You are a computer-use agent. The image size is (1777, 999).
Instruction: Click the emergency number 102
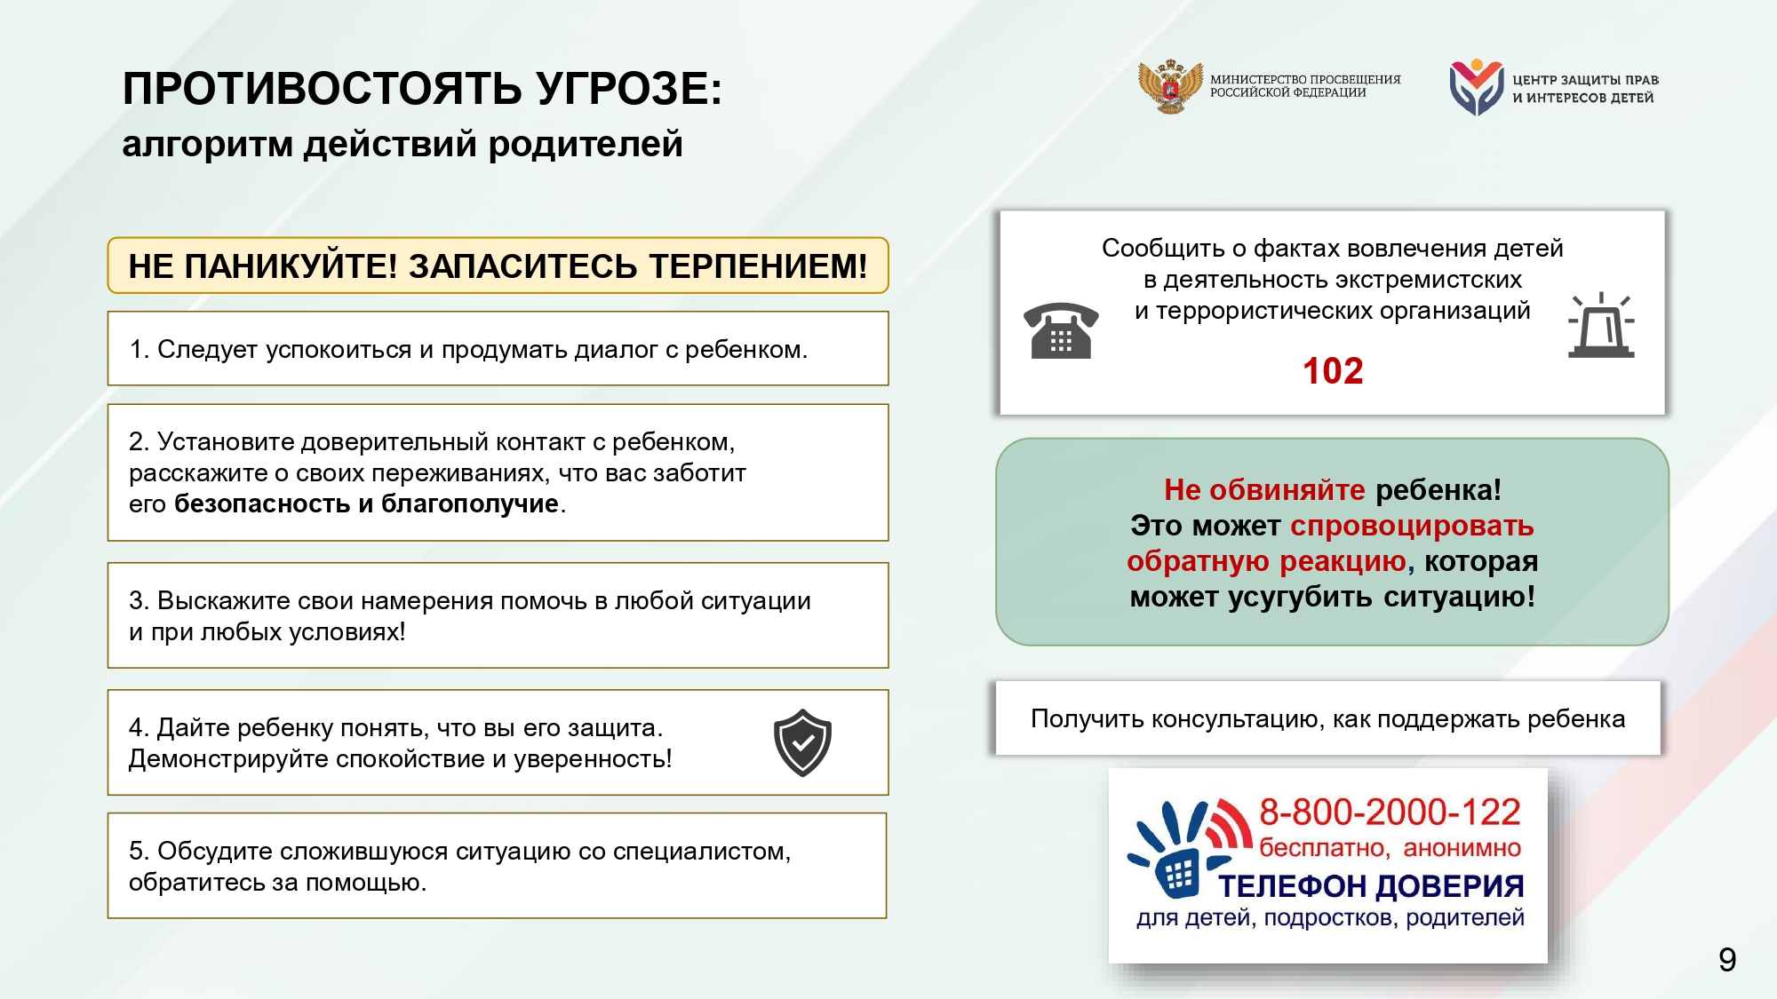pyautogui.click(x=1332, y=371)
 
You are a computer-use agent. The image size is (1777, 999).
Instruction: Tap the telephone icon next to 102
pyautogui.click(x=1061, y=330)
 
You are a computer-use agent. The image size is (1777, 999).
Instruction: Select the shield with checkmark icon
pyautogui.click(x=802, y=742)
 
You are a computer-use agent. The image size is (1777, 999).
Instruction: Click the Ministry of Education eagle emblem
pyautogui.click(x=1170, y=86)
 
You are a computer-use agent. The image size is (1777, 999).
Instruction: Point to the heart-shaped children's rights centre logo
pyautogui.click(x=1476, y=87)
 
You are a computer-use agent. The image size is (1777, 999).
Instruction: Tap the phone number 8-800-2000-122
pyautogui.click(x=1390, y=812)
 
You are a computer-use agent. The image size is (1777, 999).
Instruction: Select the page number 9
pyautogui.click(x=1726, y=960)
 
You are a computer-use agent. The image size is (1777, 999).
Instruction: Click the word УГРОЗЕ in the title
pyautogui.click(x=629, y=89)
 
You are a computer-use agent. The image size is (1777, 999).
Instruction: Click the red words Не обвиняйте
pyautogui.click(x=1263, y=489)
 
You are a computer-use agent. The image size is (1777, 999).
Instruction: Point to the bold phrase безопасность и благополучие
pyautogui.click(x=366, y=503)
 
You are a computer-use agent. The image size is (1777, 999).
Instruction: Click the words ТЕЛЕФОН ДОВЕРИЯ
pyautogui.click(x=1370, y=886)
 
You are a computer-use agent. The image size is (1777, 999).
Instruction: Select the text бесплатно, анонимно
pyautogui.click(x=1390, y=848)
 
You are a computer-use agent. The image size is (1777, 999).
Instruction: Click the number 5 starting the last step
pyautogui.click(x=136, y=851)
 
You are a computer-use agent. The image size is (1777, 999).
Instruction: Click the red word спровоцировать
pyautogui.click(x=1412, y=526)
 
